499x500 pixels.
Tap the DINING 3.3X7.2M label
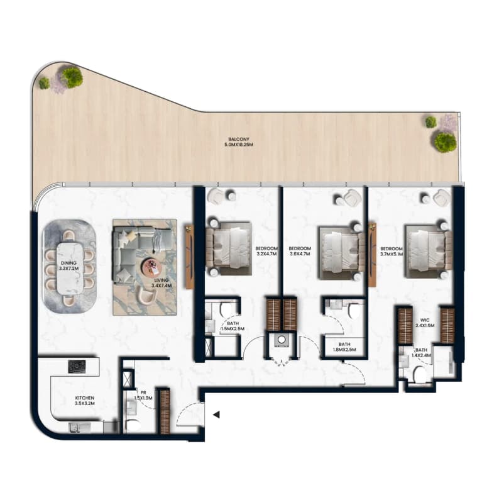pyautogui.click(x=69, y=265)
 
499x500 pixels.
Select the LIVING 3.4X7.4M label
pyautogui.click(x=162, y=283)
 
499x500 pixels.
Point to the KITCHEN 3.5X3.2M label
pyautogui.click(x=84, y=401)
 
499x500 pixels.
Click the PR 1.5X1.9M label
pyautogui.click(x=143, y=396)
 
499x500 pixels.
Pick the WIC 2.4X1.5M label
pyautogui.click(x=425, y=323)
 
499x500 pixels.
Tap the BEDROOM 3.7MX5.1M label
pyautogui.click(x=392, y=252)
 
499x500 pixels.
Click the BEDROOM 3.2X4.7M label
pyautogui.click(x=266, y=251)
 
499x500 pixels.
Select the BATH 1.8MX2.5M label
pyautogui.click(x=344, y=347)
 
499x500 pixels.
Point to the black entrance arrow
pyautogui.click(x=216, y=414)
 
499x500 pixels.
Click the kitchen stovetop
pyautogui.click(x=77, y=367)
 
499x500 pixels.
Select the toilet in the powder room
pyautogui.click(x=133, y=425)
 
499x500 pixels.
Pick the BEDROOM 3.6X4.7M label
pyautogui.click(x=300, y=251)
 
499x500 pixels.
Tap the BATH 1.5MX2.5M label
pyautogui.click(x=233, y=326)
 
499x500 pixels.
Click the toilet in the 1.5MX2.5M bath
pyautogui.click(x=227, y=310)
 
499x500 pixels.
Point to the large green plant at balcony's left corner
pyautogui.click(x=72, y=77)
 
